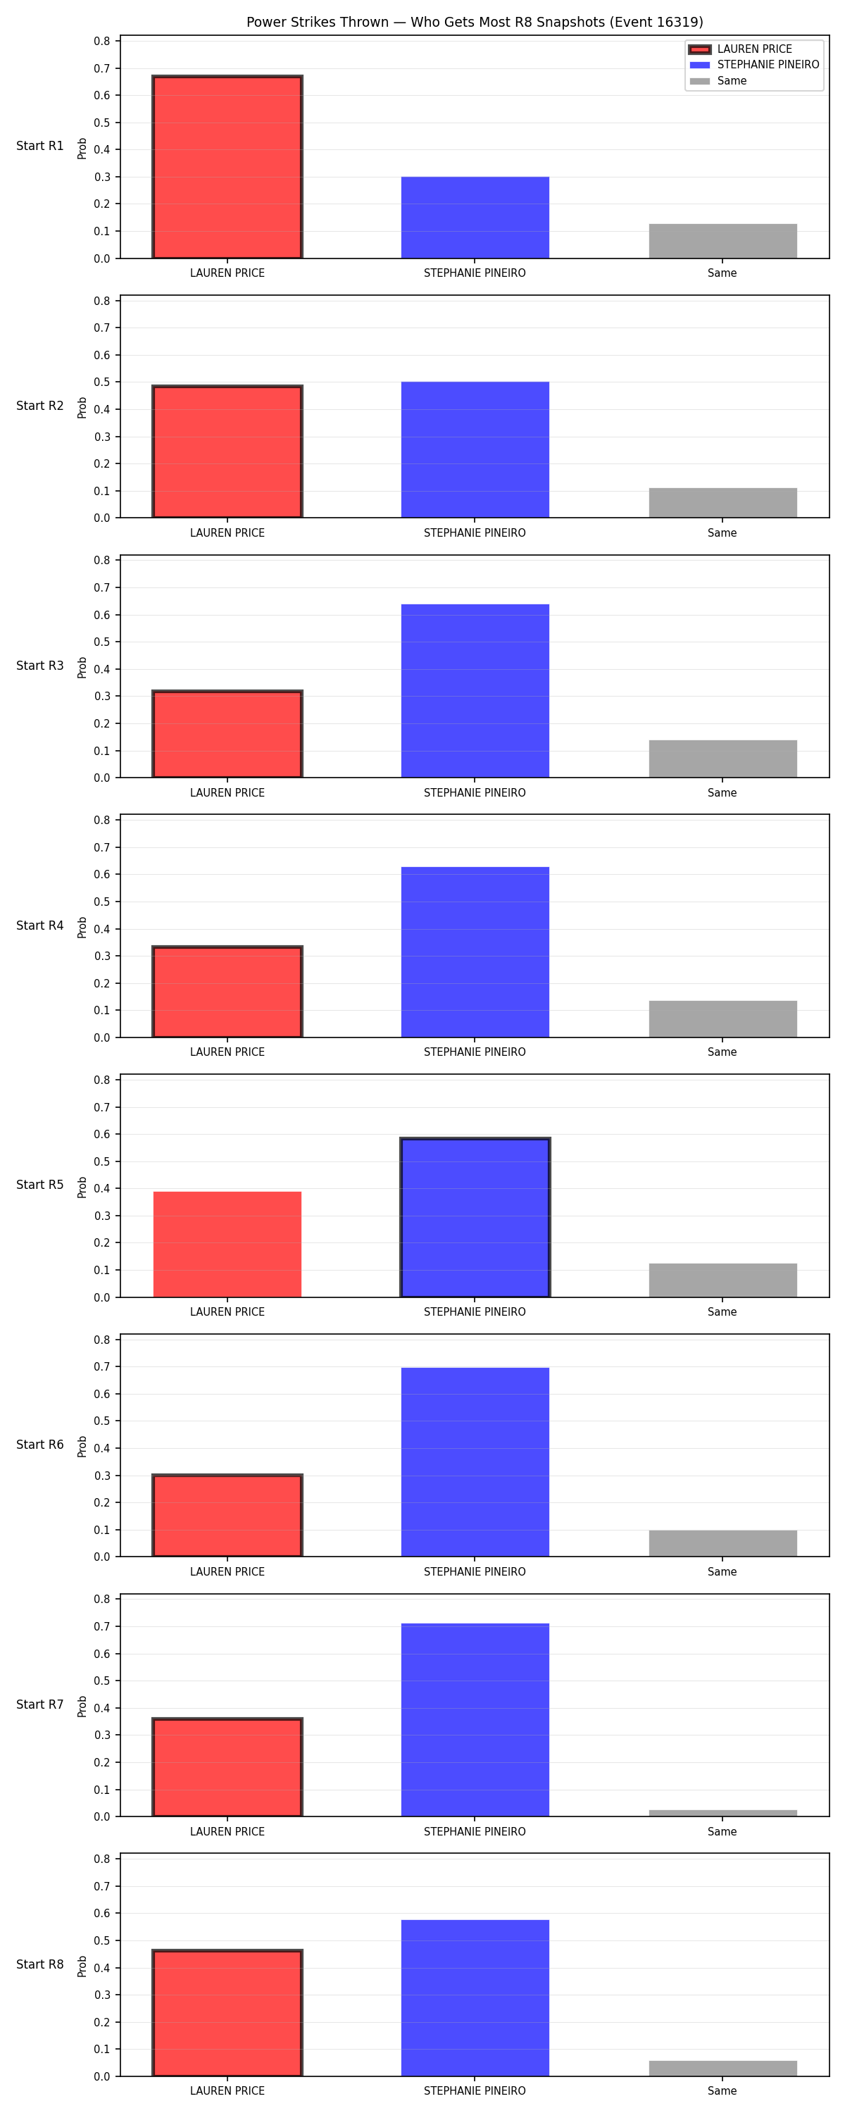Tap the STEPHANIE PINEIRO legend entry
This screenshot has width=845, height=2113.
(754, 65)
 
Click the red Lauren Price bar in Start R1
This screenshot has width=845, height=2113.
(227, 168)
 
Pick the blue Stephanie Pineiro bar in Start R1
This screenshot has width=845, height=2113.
(475, 218)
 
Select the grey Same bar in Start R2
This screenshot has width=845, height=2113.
(722, 503)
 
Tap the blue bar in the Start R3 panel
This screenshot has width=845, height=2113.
(475, 691)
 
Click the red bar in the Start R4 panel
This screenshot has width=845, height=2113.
(227, 992)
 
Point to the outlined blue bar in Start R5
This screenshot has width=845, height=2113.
(475, 1217)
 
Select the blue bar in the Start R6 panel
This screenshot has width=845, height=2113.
(475, 1461)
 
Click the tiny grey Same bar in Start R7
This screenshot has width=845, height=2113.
(722, 1813)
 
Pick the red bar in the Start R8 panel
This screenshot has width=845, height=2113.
(227, 2013)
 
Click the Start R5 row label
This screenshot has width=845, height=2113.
(39, 1185)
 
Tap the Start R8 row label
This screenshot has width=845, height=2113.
(39, 1964)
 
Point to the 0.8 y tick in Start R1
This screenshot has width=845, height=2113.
(101, 41)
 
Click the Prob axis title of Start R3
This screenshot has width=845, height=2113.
(82, 668)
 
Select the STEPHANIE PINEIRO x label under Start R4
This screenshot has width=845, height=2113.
(475, 1052)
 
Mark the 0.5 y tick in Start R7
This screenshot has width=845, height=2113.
(101, 1681)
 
